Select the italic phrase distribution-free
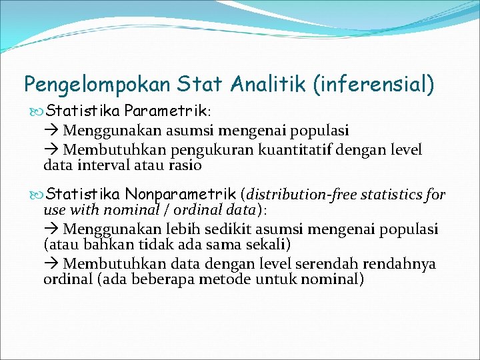pos(300,195)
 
